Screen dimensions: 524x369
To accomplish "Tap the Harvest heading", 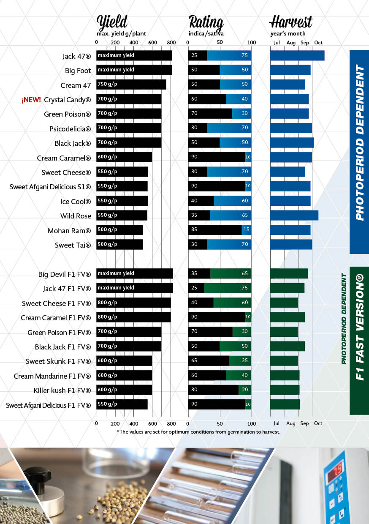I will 291,22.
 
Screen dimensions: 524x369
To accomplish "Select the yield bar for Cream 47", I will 131,85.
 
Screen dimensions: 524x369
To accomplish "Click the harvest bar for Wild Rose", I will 294,216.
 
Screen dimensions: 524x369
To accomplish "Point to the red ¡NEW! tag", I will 31,100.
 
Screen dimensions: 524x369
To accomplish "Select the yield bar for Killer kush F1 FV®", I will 124,390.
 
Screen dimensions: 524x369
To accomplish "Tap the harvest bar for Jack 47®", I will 297,55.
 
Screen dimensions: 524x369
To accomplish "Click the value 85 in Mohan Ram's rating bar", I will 194,230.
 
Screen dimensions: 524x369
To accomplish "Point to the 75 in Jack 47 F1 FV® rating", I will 245,288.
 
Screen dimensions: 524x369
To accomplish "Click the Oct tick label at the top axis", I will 318,43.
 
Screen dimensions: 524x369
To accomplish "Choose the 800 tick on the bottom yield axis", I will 171,423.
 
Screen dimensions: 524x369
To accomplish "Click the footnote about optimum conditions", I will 198,432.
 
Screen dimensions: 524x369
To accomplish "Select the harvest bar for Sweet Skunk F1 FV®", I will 284,361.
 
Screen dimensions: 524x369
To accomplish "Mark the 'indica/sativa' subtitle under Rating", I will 206,33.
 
